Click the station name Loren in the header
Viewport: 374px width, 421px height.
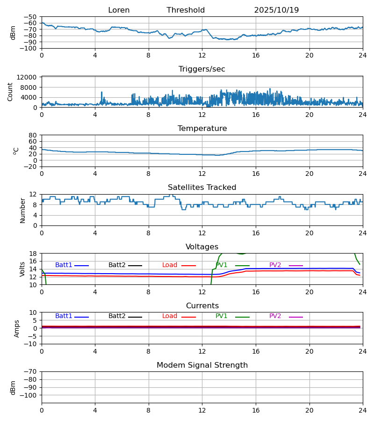119,10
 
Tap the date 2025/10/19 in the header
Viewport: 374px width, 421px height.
276,10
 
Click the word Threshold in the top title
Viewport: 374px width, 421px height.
186,10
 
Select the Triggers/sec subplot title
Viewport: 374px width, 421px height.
202,69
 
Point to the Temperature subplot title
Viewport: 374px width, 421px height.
202,129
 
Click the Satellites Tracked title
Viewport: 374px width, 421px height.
202,188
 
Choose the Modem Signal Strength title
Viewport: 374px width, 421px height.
202,365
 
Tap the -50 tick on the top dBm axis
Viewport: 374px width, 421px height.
30,17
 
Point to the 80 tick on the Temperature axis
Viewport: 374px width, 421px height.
33,135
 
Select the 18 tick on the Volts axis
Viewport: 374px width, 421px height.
33,254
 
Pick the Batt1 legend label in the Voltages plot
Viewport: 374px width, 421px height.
64,265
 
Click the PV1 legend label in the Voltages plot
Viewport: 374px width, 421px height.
222,265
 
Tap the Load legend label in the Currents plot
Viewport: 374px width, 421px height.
170,316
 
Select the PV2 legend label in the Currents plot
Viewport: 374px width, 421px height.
275,316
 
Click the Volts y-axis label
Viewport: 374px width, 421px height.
22,269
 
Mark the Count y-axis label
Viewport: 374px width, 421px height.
10,92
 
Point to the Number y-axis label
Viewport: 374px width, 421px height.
22,210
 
